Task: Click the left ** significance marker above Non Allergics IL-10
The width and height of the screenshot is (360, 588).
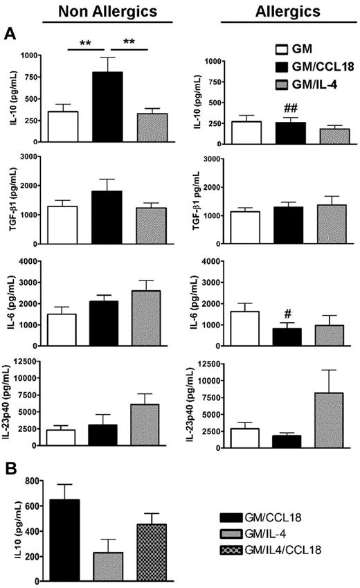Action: [84, 43]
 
